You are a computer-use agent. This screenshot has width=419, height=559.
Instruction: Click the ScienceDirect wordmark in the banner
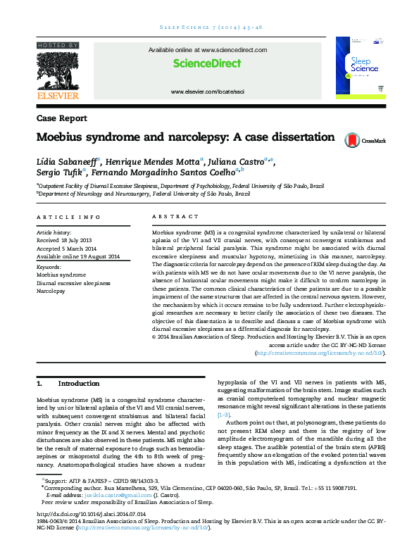(x=207, y=63)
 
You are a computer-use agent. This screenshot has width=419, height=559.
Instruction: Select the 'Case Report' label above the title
(x=62, y=119)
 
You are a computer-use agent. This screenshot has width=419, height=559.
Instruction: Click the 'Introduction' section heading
(x=79, y=384)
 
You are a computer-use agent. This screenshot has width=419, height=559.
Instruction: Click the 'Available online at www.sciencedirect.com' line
(x=207, y=51)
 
